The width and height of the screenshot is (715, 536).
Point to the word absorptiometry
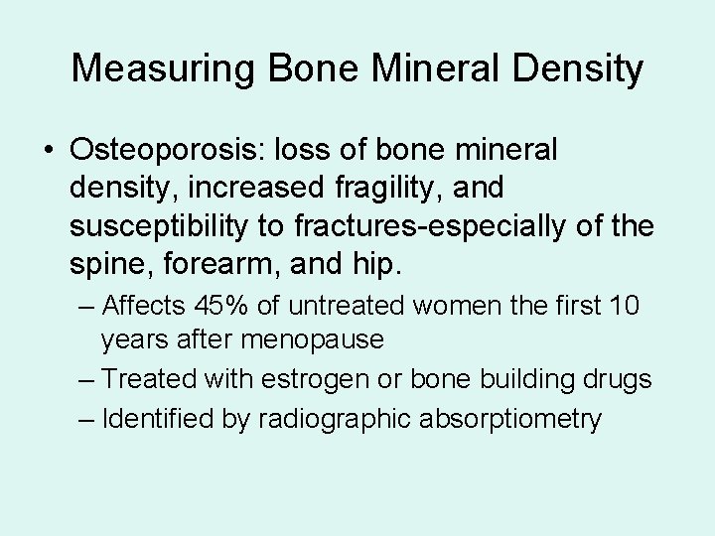coord(515,418)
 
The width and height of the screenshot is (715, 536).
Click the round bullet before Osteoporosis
coord(48,151)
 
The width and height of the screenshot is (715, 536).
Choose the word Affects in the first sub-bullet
coord(142,304)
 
